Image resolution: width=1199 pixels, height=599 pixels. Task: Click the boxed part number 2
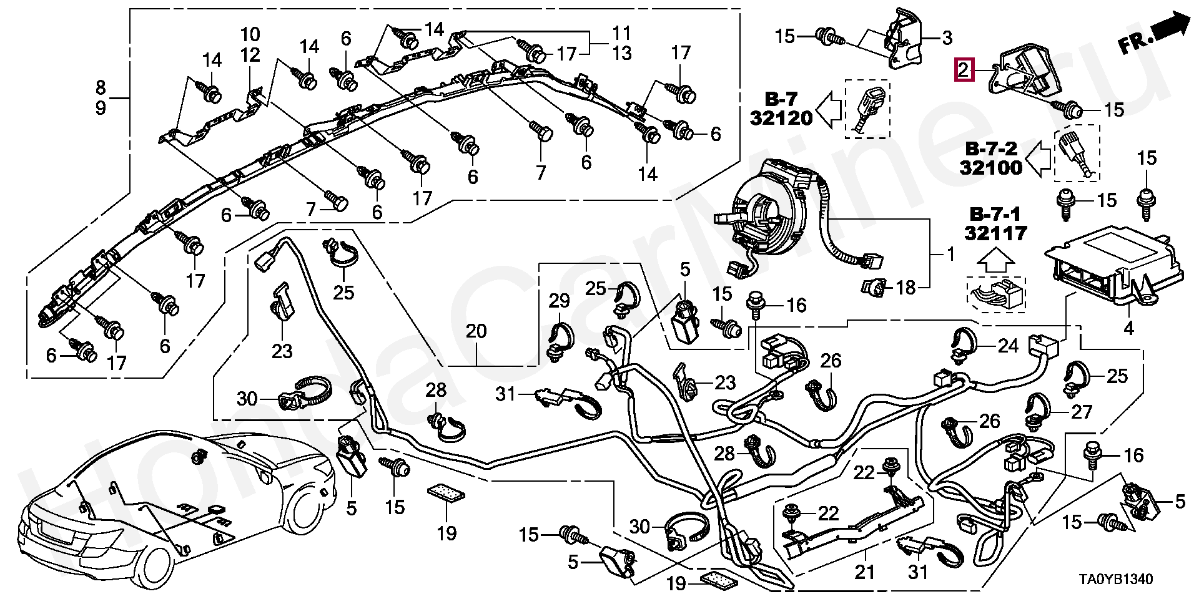[964, 70]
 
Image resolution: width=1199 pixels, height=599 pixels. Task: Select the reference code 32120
[781, 117]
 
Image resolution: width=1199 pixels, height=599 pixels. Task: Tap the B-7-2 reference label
[991, 149]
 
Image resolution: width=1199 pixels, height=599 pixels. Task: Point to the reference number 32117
[995, 233]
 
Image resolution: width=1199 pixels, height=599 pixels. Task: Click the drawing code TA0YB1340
[1117, 580]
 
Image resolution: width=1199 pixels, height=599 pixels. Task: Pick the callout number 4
[1128, 328]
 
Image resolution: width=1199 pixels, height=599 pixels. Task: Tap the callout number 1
[951, 255]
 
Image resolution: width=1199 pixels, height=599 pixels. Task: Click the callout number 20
[476, 331]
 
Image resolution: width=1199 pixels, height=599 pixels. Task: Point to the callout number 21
[865, 572]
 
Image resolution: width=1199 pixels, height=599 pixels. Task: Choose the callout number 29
[560, 301]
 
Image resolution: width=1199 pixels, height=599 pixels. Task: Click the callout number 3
[947, 38]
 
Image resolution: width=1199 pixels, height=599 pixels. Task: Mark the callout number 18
[905, 288]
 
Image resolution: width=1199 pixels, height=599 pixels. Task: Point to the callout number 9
[101, 108]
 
